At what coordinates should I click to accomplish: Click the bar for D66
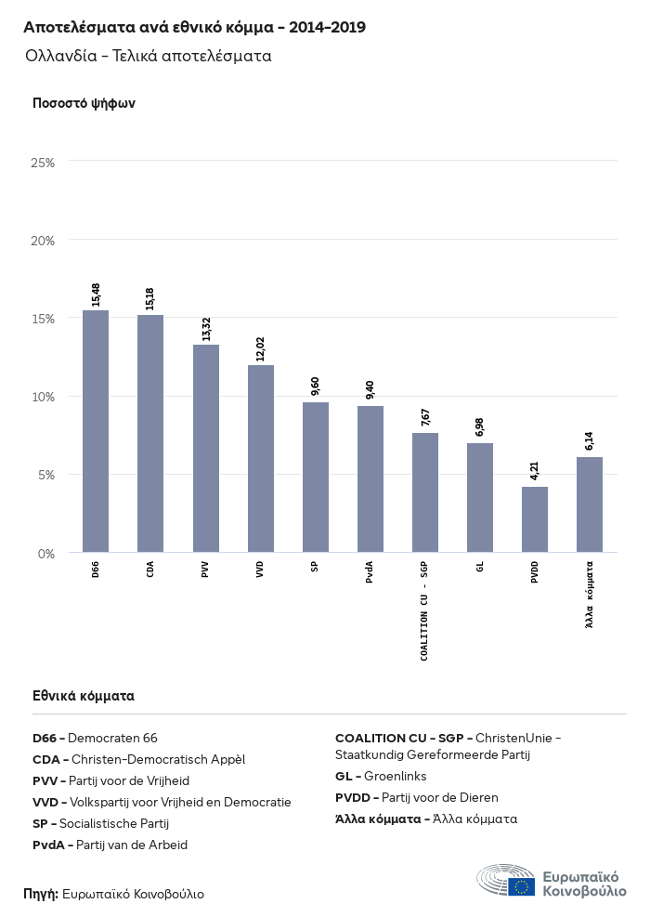click(x=96, y=431)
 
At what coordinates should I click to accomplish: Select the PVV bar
click(x=205, y=448)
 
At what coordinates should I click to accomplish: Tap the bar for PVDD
click(x=535, y=519)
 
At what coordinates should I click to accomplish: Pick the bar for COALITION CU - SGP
click(x=425, y=492)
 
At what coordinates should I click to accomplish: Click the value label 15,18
click(x=150, y=298)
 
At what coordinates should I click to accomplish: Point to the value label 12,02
click(x=261, y=348)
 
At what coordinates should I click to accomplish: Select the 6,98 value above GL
click(x=480, y=427)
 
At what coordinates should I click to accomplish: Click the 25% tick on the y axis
click(x=43, y=162)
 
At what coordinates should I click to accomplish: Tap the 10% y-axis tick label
click(x=43, y=397)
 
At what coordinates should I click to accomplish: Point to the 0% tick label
click(x=46, y=554)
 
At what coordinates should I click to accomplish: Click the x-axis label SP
click(x=316, y=567)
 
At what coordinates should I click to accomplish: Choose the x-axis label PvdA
click(x=370, y=570)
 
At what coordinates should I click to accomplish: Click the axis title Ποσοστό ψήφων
click(x=84, y=103)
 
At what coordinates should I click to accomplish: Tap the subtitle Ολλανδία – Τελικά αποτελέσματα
click(x=149, y=56)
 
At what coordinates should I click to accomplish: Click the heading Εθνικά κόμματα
click(x=84, y=695)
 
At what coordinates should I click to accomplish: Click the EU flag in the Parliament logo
click(x=521, y=886)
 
